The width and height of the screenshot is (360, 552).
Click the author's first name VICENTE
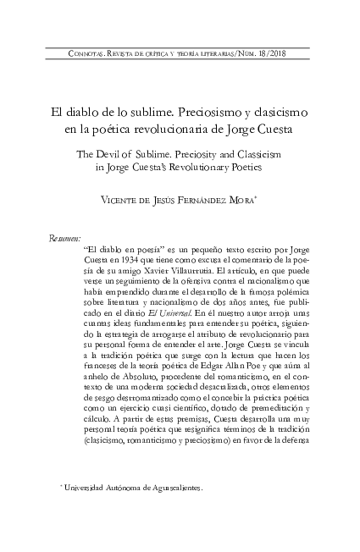point(121,200)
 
